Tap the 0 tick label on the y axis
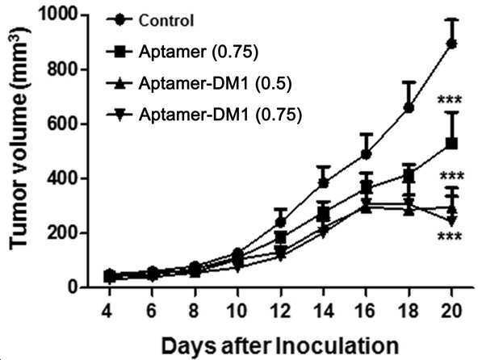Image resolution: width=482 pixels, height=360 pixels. tap(72, 287)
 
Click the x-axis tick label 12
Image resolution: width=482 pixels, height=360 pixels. tap(280, 311)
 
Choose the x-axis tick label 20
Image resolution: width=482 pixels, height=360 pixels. tap(451, 311)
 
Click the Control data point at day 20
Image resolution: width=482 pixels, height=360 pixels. tap(451, 44)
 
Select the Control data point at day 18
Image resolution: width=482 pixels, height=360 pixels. tap(409, 108)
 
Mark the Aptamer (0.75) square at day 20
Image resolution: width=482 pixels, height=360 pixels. tap(451, 143)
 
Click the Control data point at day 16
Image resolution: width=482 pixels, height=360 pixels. tap(366, 154)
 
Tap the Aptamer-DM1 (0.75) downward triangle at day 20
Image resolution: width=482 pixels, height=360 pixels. tap(451, 220)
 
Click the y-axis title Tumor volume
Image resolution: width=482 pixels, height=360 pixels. tap(19, 139)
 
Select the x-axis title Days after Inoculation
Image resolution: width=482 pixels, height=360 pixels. tap(279, 346)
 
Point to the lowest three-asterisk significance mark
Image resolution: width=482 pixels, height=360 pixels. tap(450, 237)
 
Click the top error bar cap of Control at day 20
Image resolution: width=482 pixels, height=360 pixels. tap(451, 19)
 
